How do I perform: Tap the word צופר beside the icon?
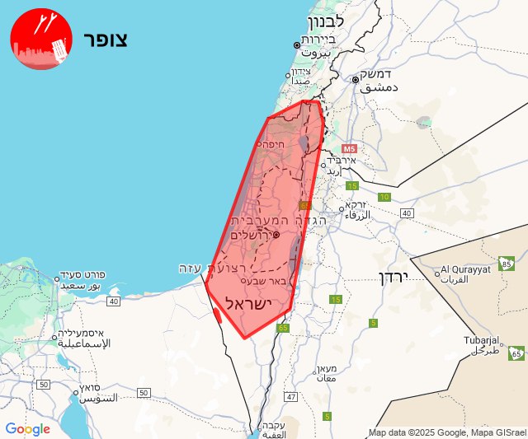(x=105, y=40)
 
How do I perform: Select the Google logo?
(x=27, y=429)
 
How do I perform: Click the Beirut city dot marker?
(x=297, y=44)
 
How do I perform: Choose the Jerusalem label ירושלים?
(x=252, y=235)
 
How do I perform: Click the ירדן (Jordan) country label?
(x=395, y=277)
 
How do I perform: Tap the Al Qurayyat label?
(x=466, y=269)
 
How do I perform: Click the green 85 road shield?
(x=508, y=264)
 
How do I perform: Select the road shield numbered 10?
(x=384, y=197)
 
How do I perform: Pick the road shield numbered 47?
(x=290, y=396)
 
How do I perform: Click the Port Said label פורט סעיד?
(x=82, y=275)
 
